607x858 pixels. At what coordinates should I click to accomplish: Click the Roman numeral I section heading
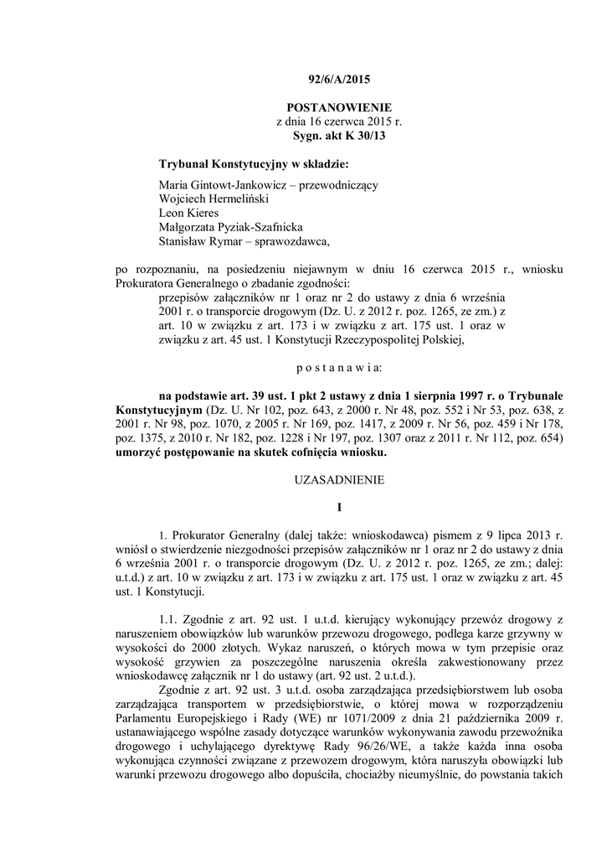[339, 508]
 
